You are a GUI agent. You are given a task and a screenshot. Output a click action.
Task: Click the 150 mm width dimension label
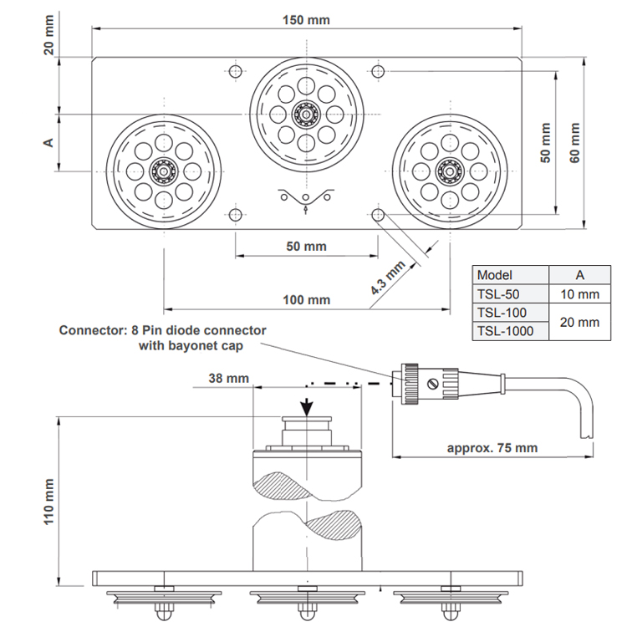click(306, 20)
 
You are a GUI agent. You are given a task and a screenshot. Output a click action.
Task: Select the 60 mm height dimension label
click(574, 143)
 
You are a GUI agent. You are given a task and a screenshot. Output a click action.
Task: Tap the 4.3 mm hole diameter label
click(387, 278)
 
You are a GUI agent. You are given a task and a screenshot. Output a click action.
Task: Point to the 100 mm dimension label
click(306, 300)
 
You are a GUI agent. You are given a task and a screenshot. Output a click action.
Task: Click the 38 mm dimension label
click(229, 378)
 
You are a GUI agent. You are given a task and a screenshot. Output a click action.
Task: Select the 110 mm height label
click(48, 502)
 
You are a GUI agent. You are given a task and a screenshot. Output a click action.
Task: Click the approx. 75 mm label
click(492, 448)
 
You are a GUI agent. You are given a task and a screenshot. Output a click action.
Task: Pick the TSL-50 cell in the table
click(498, 294)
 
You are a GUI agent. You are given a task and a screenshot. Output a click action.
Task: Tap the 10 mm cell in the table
click(579, 294)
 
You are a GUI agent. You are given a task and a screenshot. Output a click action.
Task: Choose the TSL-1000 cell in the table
click(505, 331)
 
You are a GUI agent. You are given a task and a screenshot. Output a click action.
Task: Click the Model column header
click(494, 275)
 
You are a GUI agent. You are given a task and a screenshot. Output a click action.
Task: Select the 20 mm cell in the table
click(579, 323)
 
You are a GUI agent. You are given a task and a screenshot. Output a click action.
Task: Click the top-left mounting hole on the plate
click(236, 72)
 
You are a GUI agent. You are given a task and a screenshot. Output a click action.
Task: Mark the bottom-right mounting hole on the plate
click(378, 215)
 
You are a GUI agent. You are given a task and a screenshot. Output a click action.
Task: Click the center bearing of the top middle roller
click(307, 115)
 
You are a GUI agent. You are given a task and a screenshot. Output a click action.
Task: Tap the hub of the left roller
click(164, 171)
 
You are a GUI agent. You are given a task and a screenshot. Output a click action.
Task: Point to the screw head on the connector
click(433, 385)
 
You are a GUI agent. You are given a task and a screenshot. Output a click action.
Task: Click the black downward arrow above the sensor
click(307, 407)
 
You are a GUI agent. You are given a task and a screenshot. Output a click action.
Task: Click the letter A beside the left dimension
click(48, 143)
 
